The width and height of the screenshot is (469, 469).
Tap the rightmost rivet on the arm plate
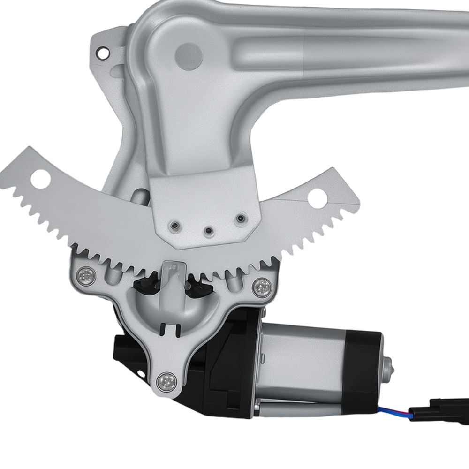(241, 218)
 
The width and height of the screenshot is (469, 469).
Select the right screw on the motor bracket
(261, 285)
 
